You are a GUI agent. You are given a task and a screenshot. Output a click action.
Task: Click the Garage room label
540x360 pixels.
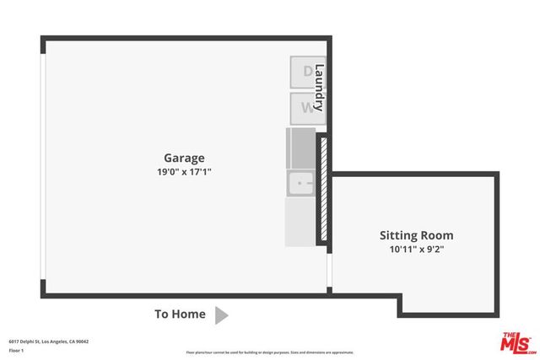coord(184,158)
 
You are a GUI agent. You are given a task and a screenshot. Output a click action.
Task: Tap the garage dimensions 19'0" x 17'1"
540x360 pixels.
coord(184,172)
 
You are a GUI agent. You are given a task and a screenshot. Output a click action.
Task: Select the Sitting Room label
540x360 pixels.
coord(416,235)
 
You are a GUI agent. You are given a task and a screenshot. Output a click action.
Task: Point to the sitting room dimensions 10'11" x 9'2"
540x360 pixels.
coord(416,250)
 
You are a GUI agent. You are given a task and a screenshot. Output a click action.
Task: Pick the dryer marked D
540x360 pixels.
coord(305,72)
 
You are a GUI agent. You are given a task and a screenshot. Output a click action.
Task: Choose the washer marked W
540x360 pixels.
coord(305,108)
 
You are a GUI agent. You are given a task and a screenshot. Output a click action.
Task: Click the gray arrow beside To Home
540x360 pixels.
coord(221,315)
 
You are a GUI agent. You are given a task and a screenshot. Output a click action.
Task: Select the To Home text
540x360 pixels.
coord(180,314)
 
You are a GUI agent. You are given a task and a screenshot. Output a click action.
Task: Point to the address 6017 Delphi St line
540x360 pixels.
coord(49,341)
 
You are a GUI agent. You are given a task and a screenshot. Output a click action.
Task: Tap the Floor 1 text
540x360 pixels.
coord(17,349)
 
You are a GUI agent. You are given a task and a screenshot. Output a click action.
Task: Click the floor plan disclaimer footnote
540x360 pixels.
coord(270,352)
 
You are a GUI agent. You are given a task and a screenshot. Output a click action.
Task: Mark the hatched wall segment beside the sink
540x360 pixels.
coord(321,190)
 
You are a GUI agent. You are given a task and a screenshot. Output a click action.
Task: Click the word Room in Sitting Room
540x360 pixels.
coord(436,235)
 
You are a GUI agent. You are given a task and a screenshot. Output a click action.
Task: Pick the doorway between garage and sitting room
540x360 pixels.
coord(328,270)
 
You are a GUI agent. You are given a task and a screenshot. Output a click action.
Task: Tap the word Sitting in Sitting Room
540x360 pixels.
coord(397,235)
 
